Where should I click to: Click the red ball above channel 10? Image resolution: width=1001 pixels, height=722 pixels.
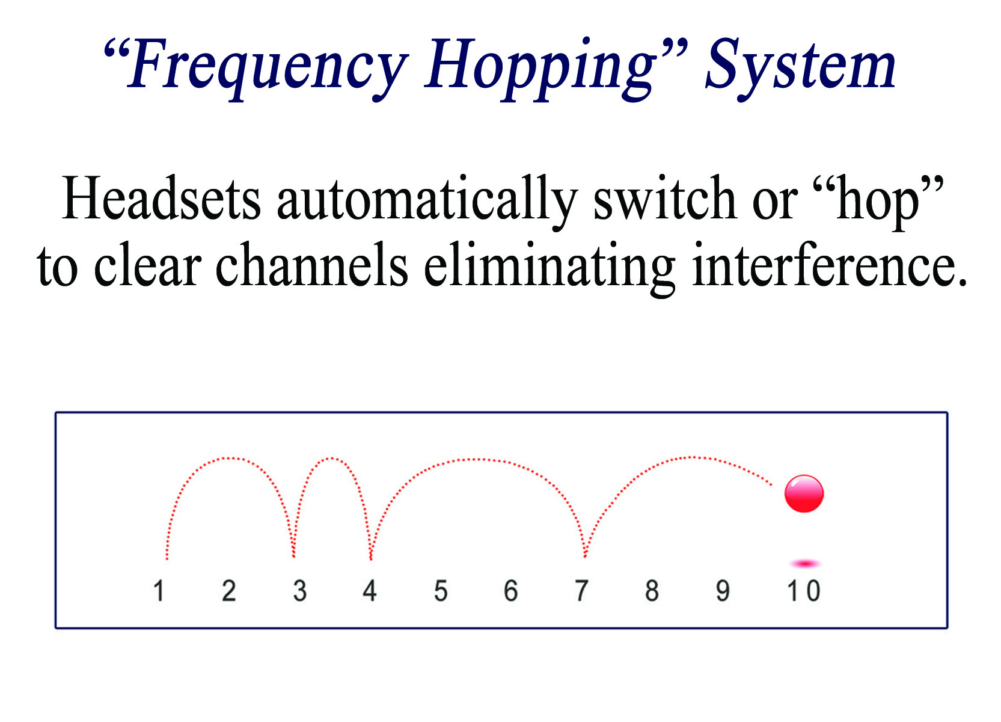[803, 493]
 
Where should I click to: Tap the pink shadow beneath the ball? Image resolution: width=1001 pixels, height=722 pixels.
[805, 564]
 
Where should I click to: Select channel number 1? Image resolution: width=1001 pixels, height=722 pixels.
[159, 590]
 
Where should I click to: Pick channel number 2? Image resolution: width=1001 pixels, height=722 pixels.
[229, 590]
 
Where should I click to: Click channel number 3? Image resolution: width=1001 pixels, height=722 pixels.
[300, 590]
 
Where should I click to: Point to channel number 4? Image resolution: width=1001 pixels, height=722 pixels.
[370, 590]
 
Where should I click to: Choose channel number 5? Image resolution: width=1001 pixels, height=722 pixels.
[441, 590]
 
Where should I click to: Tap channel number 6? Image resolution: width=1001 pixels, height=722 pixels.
[511, 590]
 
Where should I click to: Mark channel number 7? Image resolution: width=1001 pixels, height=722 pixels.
[581, 590]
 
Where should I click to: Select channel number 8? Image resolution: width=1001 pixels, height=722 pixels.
[652, 590]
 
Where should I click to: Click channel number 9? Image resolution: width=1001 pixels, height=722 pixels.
[723, 590]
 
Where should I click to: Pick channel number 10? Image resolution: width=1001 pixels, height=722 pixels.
[803, 590]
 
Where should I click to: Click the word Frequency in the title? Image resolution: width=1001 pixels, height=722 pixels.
[268, 68]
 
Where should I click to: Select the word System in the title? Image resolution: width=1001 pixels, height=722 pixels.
[801, 68]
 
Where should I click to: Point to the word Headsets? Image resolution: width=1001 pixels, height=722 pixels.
[161, 198]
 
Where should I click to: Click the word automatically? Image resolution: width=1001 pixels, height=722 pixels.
[427, 202]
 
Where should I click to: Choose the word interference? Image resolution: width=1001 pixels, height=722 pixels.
[830, 264]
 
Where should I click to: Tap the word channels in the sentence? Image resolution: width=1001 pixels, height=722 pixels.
[311, 264]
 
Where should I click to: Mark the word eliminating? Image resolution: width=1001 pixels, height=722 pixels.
[549, 268]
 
